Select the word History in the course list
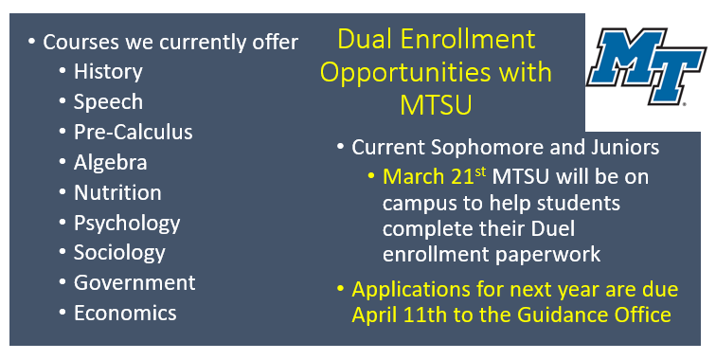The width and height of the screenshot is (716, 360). [x=108, y=72]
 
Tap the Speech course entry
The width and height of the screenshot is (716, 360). [x=108, y=102]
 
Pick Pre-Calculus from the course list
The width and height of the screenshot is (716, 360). [x=133, y=133]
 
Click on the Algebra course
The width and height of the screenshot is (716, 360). [x=110, y=163]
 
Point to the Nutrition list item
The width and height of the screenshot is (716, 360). [x=117, y=193]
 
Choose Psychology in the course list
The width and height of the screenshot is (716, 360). [x=127, y=224]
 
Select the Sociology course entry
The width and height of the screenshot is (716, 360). [x=119, y=253]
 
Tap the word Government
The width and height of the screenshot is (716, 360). [x=134, y=283]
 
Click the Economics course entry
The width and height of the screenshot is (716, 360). [x=125, y=314]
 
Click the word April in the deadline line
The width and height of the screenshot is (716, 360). [x=375, y=315]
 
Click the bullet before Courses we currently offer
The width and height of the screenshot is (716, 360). [x=31, y=43]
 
